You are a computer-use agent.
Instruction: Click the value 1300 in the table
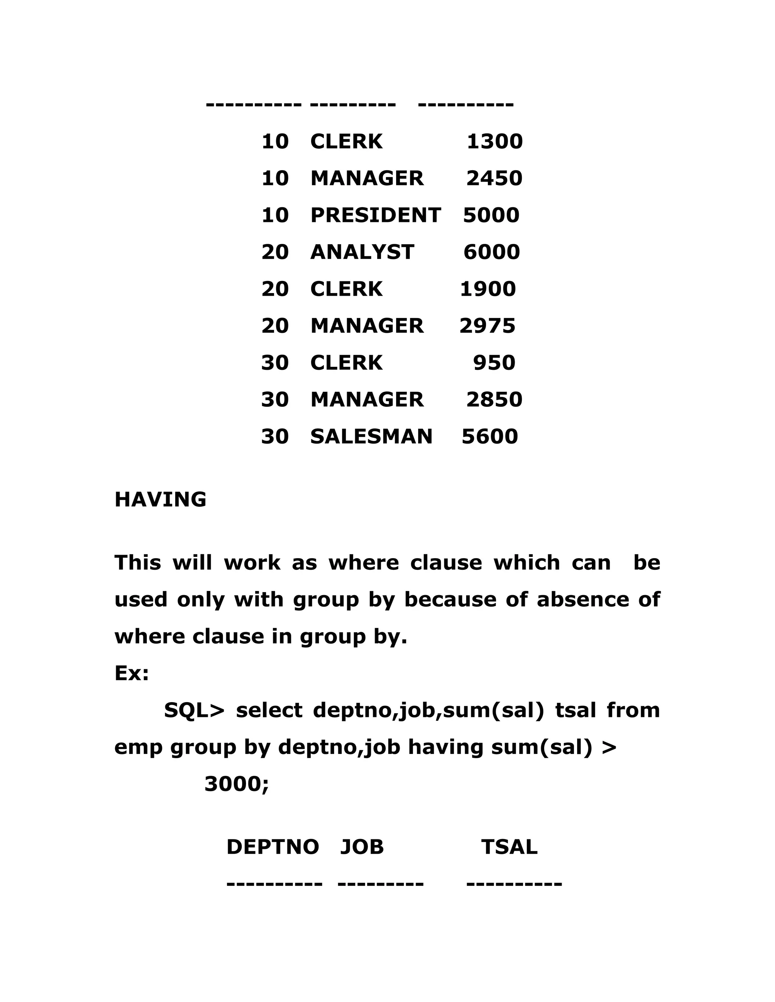(x=495, y=141)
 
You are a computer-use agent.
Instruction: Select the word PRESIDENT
(x=375, y=215)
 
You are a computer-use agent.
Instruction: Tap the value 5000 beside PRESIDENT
(x=491, y=215)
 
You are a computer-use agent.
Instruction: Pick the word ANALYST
(x=362, y=252)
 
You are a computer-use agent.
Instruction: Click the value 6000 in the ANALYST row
(x=491, y=252)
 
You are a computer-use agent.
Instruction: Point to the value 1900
(x=487, y=289)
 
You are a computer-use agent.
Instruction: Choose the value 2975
(x=487, y=326)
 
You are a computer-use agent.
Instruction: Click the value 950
(x=494, y=363)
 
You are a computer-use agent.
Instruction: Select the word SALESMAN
(x=371, y=436)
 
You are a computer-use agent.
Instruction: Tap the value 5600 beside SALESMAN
(x=489, y=436)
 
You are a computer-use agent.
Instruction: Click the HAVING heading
(x=160, y=499)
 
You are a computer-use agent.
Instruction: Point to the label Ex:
(x=132, y=673)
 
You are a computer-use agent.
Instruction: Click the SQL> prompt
(x=194, y=710)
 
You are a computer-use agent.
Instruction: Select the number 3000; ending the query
(x=237, y=783)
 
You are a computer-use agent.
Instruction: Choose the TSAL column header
(x=509, y=847)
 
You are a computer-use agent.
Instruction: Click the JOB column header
(x=362, y=847)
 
